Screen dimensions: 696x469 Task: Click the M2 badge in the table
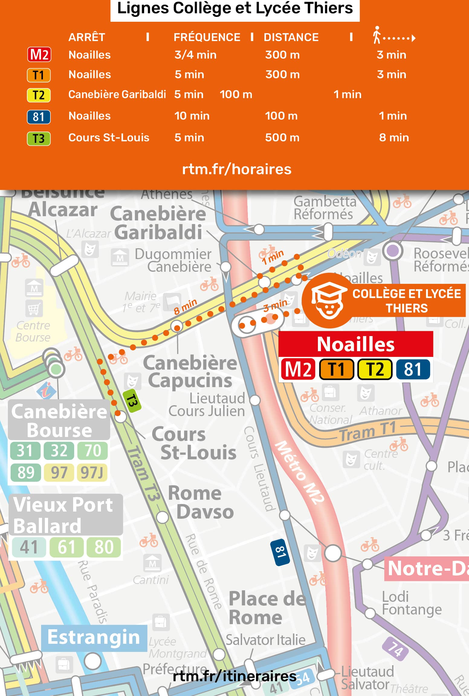coord(39,55)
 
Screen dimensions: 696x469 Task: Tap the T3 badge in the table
coord(39,139)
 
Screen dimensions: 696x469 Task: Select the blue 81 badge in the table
coord(39,117)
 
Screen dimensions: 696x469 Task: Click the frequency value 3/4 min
coord(195,55)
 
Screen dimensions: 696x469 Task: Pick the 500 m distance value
coord(282,138)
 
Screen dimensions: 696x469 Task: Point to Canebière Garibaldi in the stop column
coord(117,95)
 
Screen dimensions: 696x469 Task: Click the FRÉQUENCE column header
coord(207,37)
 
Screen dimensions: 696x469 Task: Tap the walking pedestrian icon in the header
coord(377,35)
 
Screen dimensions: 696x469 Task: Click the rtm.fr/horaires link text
coord(237,169)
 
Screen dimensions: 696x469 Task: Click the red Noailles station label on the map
coord(355,344)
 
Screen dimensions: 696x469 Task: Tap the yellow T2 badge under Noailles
coord(375,369)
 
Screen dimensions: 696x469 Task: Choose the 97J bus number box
coord(92,473)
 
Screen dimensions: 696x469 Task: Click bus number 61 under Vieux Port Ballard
coord(66,547)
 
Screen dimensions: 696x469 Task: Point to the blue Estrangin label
coord(94,637)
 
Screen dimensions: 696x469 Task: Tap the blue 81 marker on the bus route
coord(280,552)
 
